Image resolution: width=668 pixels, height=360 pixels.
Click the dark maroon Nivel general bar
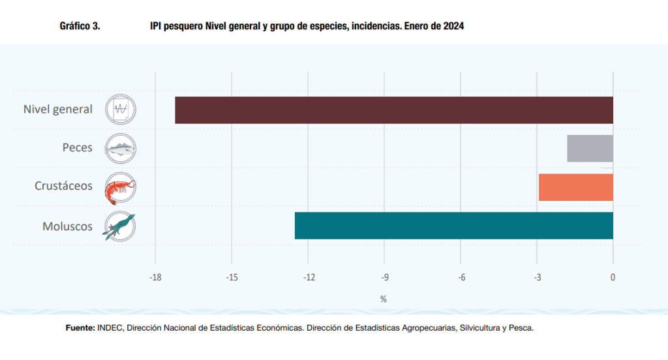point(394,110)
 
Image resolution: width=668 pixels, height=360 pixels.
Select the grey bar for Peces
point(590,148)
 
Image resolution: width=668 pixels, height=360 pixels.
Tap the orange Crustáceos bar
point(575,187)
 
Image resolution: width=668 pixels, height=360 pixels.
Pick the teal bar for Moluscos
point(454,226)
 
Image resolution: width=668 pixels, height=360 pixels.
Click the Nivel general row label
point(58,110)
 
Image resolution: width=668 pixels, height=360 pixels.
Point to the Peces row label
point(77,148)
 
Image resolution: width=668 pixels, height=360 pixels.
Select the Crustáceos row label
point(63,187)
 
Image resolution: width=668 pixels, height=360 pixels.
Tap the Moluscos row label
point(67,226)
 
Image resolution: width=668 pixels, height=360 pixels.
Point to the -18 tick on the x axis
point(155,278)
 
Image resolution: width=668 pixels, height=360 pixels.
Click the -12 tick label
point(308,278)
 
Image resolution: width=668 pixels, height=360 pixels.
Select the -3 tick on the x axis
point(537,278)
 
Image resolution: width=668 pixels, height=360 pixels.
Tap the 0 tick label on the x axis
point(613,278)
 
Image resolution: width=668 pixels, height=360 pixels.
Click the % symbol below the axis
point(384,299)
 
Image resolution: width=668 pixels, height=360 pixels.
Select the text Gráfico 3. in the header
point(80,26)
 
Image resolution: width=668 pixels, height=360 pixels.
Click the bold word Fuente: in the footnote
point(80,328)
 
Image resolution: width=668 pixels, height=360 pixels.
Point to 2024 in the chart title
point(453,26)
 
